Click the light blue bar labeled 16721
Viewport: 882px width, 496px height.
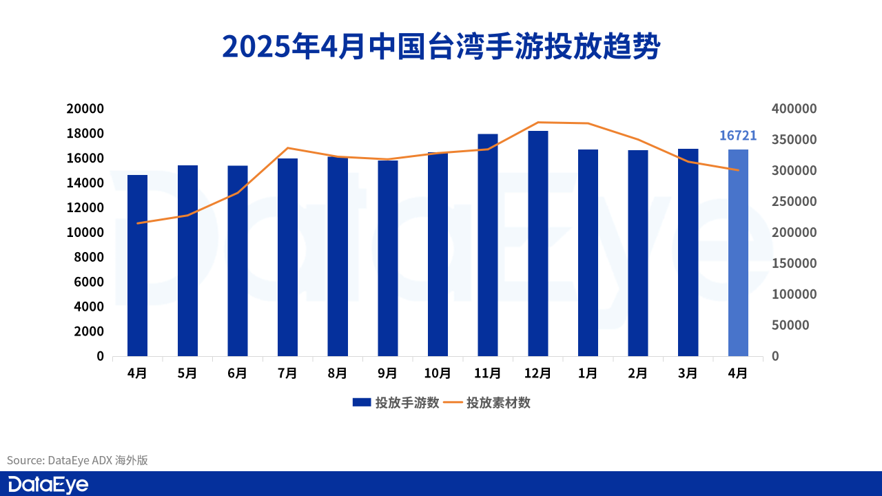738,252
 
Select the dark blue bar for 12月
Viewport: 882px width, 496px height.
538,243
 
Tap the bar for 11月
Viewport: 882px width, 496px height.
488,245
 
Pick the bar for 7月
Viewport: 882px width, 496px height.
287,257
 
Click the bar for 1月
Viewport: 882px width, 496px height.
588,252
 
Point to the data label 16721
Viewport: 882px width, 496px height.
738,136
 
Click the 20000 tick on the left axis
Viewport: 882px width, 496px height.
85,109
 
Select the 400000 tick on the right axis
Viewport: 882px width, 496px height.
794,109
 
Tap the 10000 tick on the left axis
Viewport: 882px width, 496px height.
85,233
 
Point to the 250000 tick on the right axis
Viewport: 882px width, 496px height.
794,202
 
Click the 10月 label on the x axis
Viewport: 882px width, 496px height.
438,373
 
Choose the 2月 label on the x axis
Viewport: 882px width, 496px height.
638,373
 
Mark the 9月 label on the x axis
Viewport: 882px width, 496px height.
387,373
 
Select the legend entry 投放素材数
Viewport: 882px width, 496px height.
498,403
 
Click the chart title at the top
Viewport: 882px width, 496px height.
441,47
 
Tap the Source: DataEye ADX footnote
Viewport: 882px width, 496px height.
78,460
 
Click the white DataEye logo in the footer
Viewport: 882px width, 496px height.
48,484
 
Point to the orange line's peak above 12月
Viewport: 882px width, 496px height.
538,122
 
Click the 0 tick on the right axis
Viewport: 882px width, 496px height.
775,356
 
